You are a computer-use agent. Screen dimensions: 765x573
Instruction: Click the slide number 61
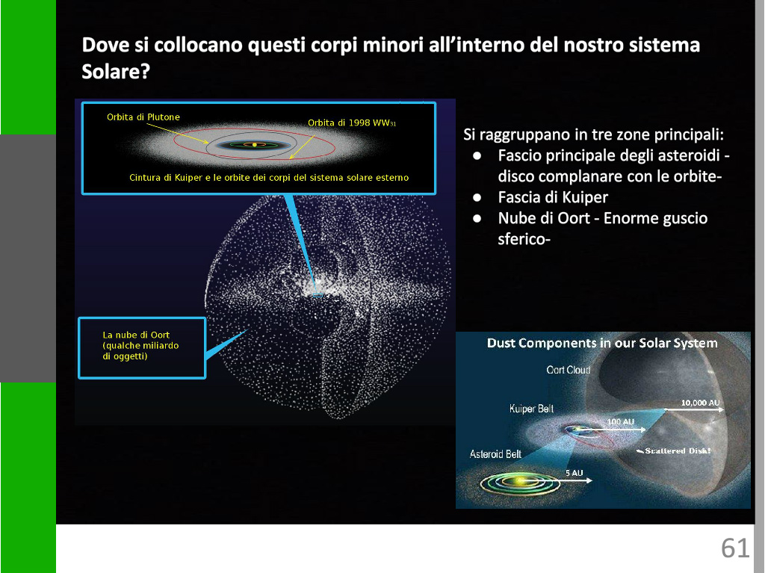click(x=735, y=548)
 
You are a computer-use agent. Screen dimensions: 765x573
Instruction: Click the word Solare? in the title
click(x=116, y=72)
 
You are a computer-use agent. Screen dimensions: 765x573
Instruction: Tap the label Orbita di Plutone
click(x=143, y=117)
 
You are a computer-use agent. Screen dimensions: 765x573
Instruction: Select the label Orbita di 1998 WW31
click(x=352, y=123)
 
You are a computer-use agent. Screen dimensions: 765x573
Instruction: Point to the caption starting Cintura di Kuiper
click(x=269, y=178)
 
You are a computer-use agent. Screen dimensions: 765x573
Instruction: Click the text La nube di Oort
click(x=136, y=335)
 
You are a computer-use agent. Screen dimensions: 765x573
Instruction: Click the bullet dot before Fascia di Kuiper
click(x=477, y=197)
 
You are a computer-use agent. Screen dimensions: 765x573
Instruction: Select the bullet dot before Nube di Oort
click(x=477, y=218)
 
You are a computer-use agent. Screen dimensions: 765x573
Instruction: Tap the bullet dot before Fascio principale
click(x=477, y=155)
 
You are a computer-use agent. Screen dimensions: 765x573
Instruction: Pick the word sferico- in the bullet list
click(x=524, y=239)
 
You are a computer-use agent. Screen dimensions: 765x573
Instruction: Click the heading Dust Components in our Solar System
click(x=602, y=343)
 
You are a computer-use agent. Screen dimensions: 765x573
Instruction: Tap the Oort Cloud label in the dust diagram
click(x=569, y=370)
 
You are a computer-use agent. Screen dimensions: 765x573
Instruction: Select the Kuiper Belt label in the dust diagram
click(x=531, y=409)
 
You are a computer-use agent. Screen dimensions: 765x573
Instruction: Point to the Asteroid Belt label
click(x=495, y=454)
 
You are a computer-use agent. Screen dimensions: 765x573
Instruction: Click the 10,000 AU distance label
click(x=700, y=403)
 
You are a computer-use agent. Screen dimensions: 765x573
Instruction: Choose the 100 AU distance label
click(x=621, y=421)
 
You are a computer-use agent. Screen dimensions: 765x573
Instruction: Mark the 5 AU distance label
click(x=574, y=472)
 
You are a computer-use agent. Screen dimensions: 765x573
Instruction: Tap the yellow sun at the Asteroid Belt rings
click(x=518, y=482)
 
